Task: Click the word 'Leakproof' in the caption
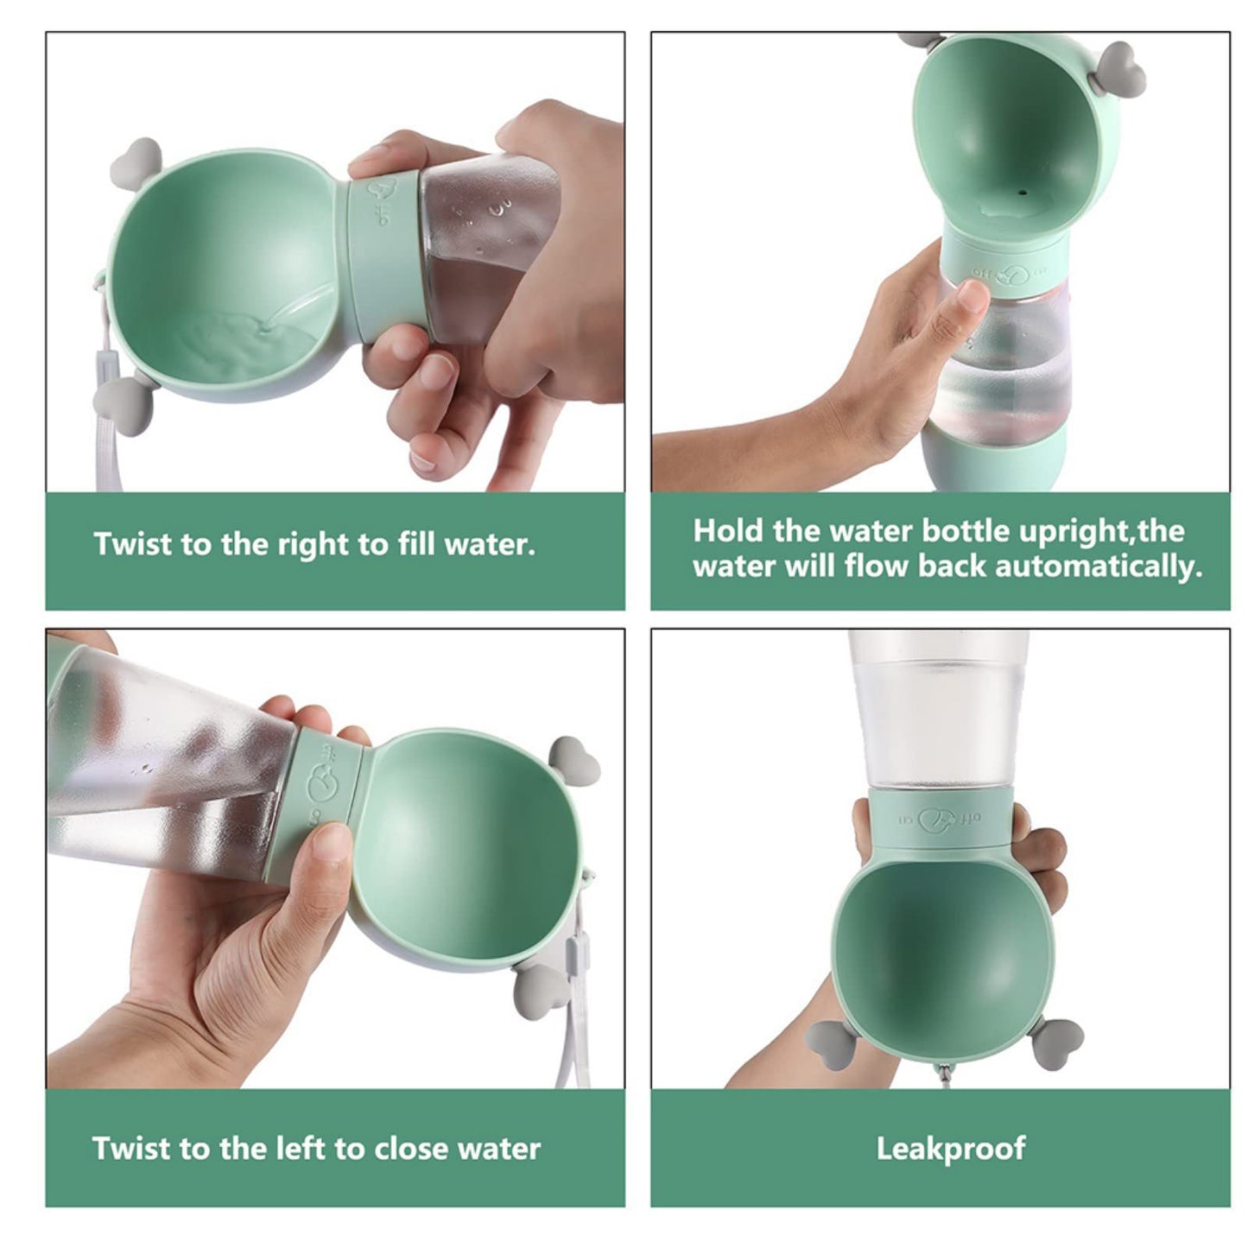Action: (951, 1149)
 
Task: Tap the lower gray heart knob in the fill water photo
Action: (117, 396)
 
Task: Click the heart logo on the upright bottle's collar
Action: (1007, 276)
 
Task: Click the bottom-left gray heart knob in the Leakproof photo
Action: (827, 1036)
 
